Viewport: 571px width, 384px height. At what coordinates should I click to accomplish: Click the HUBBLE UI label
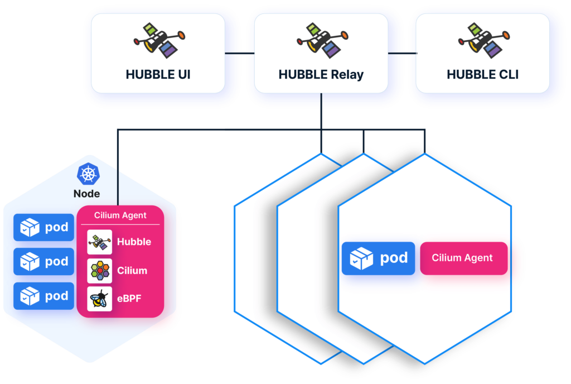pos(158,74)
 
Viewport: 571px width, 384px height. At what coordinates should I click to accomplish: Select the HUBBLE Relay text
pos(321,74)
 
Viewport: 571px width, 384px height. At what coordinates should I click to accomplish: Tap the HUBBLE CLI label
pos(483,74)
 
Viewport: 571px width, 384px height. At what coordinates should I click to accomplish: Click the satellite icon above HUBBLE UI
pos(158,41)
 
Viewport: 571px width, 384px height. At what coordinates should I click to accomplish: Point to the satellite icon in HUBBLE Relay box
pos(321,41)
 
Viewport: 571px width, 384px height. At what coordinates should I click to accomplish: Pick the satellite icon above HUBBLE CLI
pos(483,41)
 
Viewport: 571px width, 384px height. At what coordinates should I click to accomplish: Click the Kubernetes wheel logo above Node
pos(87,174)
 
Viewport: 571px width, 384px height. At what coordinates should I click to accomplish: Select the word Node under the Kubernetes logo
pos(87,194)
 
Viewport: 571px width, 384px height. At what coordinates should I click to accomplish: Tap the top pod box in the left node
pos(44,227)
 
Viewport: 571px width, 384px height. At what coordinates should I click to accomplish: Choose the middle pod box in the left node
pos(44,262)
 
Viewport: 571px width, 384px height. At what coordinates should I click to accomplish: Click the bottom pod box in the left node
pos(44,296)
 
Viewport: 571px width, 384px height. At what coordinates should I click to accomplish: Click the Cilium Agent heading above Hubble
pos(120,215)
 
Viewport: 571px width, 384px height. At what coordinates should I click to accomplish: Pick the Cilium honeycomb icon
pos(100,271)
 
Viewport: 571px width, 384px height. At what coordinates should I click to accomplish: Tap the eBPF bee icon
pos(100,299)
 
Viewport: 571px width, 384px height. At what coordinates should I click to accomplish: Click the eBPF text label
pos(129,299)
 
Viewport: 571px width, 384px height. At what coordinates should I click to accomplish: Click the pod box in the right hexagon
pos(378,258)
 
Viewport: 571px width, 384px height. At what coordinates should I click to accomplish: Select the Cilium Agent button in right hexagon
pos(463,258)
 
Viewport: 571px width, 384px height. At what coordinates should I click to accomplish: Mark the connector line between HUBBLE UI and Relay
pos(239,53)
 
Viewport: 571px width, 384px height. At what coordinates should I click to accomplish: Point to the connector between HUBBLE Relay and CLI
pos(402,53)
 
